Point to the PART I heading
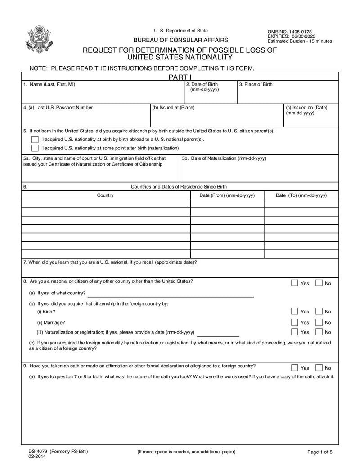pos(179,77)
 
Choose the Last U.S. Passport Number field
pos(85,118)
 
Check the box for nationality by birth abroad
pos(35,139)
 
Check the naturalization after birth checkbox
pos(35,148)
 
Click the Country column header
pos(105,195)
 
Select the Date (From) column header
pos(227,195)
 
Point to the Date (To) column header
pos(301,195)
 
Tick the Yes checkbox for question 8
pos(294,283)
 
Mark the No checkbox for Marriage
pos(319,322)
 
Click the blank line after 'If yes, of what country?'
pos(170,294)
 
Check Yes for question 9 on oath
pos(294,367)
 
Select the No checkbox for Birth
pos(319,311)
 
